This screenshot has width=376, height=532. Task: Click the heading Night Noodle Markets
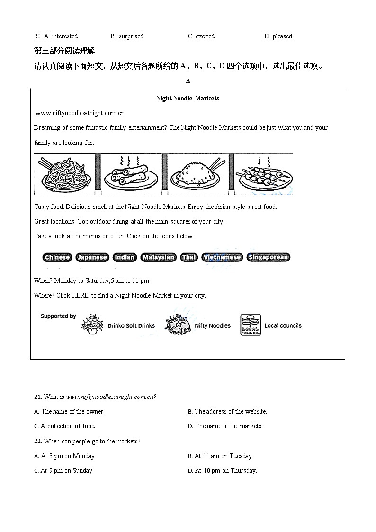point(188,99)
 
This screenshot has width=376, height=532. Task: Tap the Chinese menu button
point(57,257)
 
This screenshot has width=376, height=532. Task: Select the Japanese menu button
point(92,257)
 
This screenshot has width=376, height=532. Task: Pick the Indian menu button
point(125,257)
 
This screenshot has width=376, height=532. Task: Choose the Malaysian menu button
point(159,257)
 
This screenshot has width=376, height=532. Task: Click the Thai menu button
point(188,257)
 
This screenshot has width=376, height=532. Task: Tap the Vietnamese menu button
point(222,257)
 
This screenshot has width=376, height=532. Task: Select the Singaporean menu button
point(268,257)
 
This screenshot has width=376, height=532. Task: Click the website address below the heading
point(80,113)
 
